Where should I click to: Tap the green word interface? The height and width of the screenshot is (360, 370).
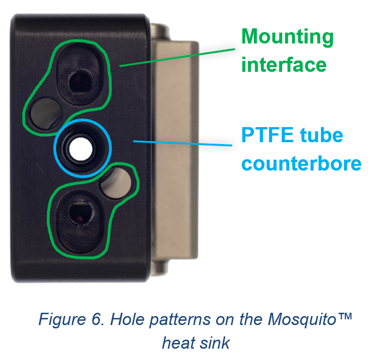pos(284,64)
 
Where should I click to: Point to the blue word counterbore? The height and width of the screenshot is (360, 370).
pos(302,163)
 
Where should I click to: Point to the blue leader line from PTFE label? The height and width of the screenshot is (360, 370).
pos(184,143)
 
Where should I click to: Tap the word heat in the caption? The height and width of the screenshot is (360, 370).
pos(179,342)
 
